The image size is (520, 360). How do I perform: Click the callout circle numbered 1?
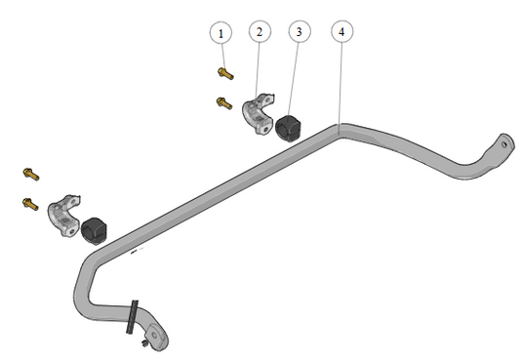[x=220, y=33]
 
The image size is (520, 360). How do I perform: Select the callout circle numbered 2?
[x=260, y=32]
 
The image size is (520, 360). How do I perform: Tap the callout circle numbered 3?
[x=300, y=31]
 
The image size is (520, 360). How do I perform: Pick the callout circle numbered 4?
[x=341, y=31]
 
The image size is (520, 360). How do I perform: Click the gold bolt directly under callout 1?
[x=225, y=73]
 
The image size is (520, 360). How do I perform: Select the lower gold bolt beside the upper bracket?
[x=224, y=102]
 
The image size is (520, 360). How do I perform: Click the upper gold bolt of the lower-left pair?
[x=31, y=174]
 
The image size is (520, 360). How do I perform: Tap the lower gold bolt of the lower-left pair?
[x=30, y=204]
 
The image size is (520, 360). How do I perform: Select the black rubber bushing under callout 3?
[x=288, y=128]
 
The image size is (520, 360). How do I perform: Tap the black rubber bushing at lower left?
[x=94, y=230]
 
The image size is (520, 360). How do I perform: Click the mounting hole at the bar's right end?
[x=504, y=144]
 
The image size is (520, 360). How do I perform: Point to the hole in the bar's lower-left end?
[x=154, y=336]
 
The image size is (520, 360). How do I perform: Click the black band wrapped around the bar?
[x=133, y=317]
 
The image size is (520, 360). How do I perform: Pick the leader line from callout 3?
[x=293, y=80]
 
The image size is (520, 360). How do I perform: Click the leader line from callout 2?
[x=257, y=71]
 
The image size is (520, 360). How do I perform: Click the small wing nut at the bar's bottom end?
[x=145, y=342]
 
